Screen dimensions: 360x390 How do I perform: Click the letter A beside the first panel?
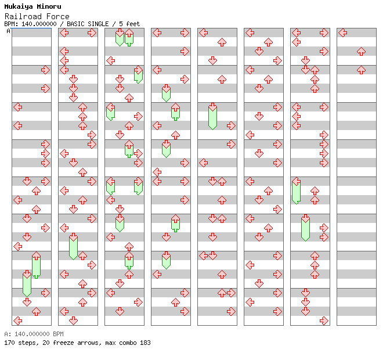point(8,31)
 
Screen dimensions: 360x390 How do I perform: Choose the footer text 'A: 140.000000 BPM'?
point(33,334)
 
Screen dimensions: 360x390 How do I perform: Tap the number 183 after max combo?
point(145,343)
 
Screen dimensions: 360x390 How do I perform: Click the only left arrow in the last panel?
point(342,33)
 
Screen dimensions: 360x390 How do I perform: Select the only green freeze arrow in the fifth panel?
point(212,116)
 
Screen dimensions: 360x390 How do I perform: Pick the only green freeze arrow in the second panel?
point(73,246)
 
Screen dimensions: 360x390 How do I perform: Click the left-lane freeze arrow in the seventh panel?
point(296,191)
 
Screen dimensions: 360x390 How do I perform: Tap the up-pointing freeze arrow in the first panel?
point(36,265)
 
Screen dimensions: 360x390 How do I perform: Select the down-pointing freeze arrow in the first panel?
point(27,283)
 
